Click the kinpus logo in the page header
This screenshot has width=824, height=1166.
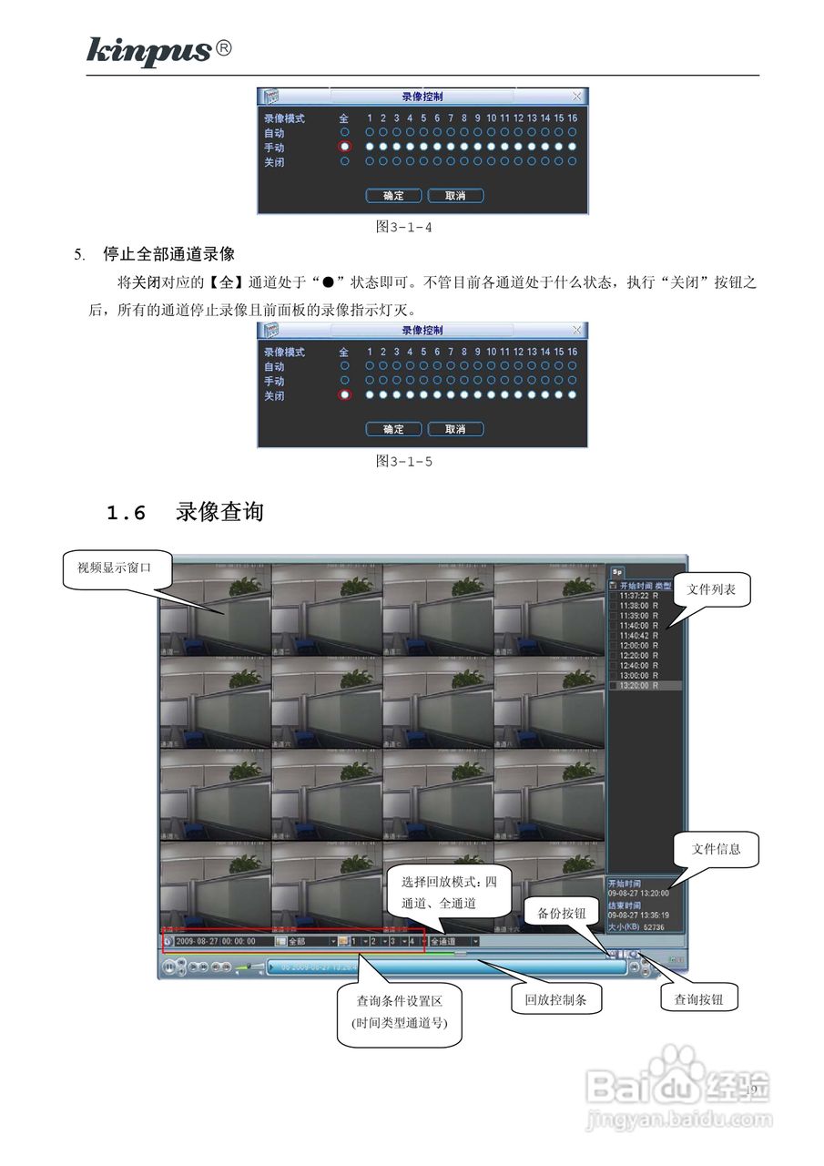[x=149, y=51]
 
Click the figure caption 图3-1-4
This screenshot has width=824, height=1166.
[x=403, y=227]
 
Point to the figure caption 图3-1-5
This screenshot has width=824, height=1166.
[x=403, y=461]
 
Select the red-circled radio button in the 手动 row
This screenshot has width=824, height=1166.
[x=344, y=147]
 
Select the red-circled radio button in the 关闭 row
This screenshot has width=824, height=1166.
[x=344, y=394]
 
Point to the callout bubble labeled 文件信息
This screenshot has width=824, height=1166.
[x=716, y=849]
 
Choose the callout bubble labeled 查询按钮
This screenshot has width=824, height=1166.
[x=698, y=999]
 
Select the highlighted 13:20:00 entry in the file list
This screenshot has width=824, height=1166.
[x=638, y=685]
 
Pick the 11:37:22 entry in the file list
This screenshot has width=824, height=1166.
[x=638, y=596]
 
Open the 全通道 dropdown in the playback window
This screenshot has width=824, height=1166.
[x=454, y=941]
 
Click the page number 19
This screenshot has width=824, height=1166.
[x=751, y=1090]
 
